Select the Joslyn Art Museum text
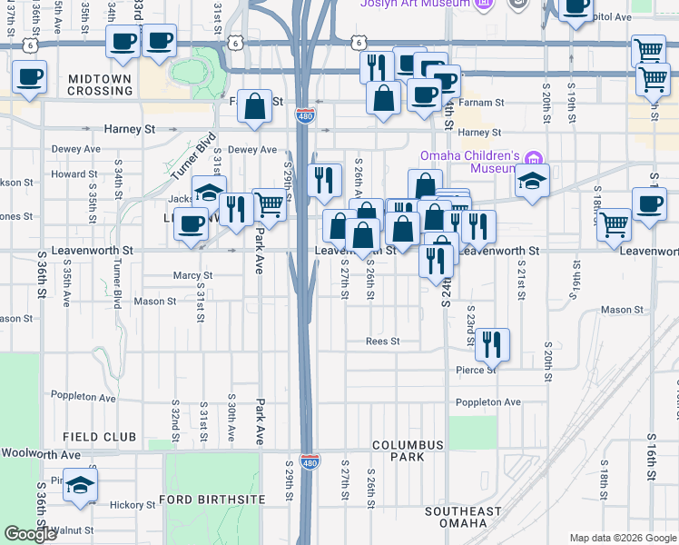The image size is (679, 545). (x=416, y=4)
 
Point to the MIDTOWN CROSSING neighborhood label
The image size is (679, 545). (x=100, y=86)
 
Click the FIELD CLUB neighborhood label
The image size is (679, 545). (x=100, y=437)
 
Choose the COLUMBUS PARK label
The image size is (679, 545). (x=408, y=451)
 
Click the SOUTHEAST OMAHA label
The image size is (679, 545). (x=463, y=517)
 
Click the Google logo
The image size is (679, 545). (x=30, y=534)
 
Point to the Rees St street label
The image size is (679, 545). (x=382, y=342)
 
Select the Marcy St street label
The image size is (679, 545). (x=192, y=275)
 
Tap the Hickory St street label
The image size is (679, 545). (x=133, y=505)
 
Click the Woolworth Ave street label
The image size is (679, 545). (x=41, y=453)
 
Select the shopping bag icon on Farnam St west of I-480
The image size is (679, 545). (x=257, y=106)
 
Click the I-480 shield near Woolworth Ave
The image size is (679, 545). (x=310, y=462)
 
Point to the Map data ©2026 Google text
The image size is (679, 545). (x=623, y=538)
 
